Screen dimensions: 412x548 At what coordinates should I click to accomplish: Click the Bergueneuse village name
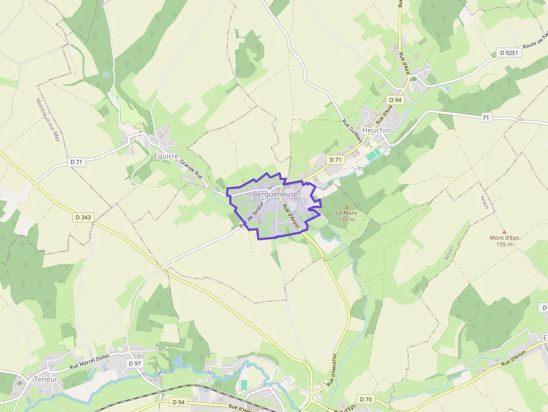(275, 194)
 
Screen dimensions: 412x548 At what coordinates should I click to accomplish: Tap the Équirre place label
(166, 156)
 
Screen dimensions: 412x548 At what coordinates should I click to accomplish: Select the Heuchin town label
(376, 130)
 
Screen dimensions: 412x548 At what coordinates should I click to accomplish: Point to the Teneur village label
(46, 379)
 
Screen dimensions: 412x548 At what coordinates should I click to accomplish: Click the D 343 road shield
(82, 217)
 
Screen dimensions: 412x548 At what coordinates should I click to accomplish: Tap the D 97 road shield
(134, 363)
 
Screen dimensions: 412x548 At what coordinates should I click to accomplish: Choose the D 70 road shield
(365, 399)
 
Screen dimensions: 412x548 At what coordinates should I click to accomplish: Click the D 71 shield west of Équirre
(77, 162)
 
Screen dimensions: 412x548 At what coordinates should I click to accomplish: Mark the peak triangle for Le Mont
(346, 207)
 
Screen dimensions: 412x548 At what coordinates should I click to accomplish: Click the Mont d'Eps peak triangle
(504, 231)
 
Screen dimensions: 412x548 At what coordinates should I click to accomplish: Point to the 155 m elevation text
(504, 244)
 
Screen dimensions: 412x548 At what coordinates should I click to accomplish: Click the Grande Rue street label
(191, 169)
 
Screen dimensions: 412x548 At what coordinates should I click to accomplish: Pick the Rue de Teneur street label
(252, 215)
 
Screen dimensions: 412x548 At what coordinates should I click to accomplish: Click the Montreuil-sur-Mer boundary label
(48, 120)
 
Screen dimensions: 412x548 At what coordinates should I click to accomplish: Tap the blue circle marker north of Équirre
(106, 75)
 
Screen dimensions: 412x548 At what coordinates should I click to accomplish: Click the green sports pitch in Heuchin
(373, 154)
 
